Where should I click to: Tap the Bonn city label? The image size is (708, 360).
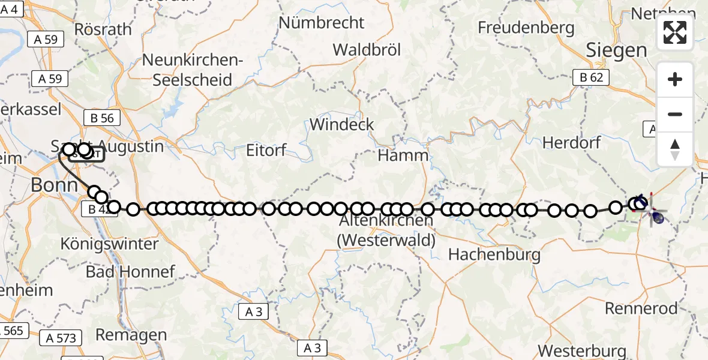click(54, 185)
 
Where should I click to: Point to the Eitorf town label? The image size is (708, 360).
click(266, 150)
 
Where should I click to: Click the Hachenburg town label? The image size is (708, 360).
click(494, 254)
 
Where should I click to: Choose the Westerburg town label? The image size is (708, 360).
click(582, 350)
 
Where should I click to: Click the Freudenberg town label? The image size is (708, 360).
click(526, 28)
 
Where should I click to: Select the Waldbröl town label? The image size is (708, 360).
click(367, 49)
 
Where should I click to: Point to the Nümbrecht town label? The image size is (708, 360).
click(322, 23)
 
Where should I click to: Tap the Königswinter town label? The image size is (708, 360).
click(110, 244)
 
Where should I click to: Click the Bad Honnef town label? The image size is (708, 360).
click(130, 272)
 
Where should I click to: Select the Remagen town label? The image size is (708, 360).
click(131, 334)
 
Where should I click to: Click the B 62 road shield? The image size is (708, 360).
click(591, 77)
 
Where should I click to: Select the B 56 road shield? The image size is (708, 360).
click(102, 118)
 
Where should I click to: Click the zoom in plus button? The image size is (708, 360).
click(675, 80)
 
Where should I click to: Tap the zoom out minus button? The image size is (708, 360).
click(675, 114)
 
